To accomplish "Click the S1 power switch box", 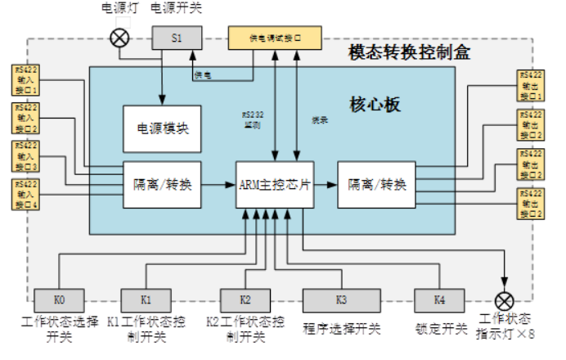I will click(177, 37).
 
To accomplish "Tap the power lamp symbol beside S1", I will click(120, 38).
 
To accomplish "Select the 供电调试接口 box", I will click(275, 37).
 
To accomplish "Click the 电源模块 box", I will click(162, 128).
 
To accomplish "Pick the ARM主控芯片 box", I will click(274, 184).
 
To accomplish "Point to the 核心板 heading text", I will click(375, 105).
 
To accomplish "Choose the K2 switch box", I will click(245, 299).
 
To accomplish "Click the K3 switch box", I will click(341, 299).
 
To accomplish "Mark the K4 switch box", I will click(439, 299).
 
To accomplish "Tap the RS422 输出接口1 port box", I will click(531, 86).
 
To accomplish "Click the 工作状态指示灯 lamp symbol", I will click(506, 300).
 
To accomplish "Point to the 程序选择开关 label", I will click(342, 329).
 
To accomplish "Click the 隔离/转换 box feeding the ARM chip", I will click(162, 184).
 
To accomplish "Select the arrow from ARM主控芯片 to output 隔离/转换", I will click(325, 184).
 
